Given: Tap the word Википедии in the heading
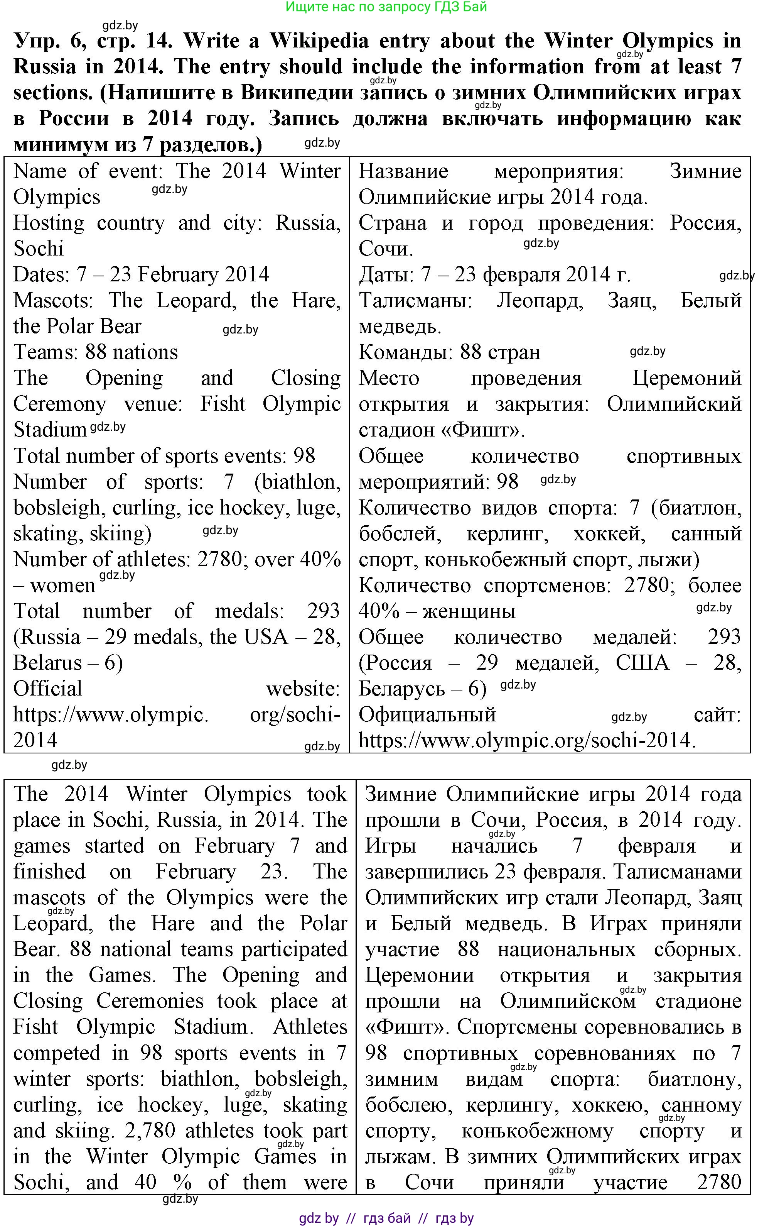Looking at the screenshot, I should click(297, 93).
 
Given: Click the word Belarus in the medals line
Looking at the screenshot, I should click(47, 663).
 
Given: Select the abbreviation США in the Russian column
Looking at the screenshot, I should click(642, 663).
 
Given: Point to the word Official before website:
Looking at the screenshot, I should click(47, 689).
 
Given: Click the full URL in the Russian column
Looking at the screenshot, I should click(526, 740).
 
